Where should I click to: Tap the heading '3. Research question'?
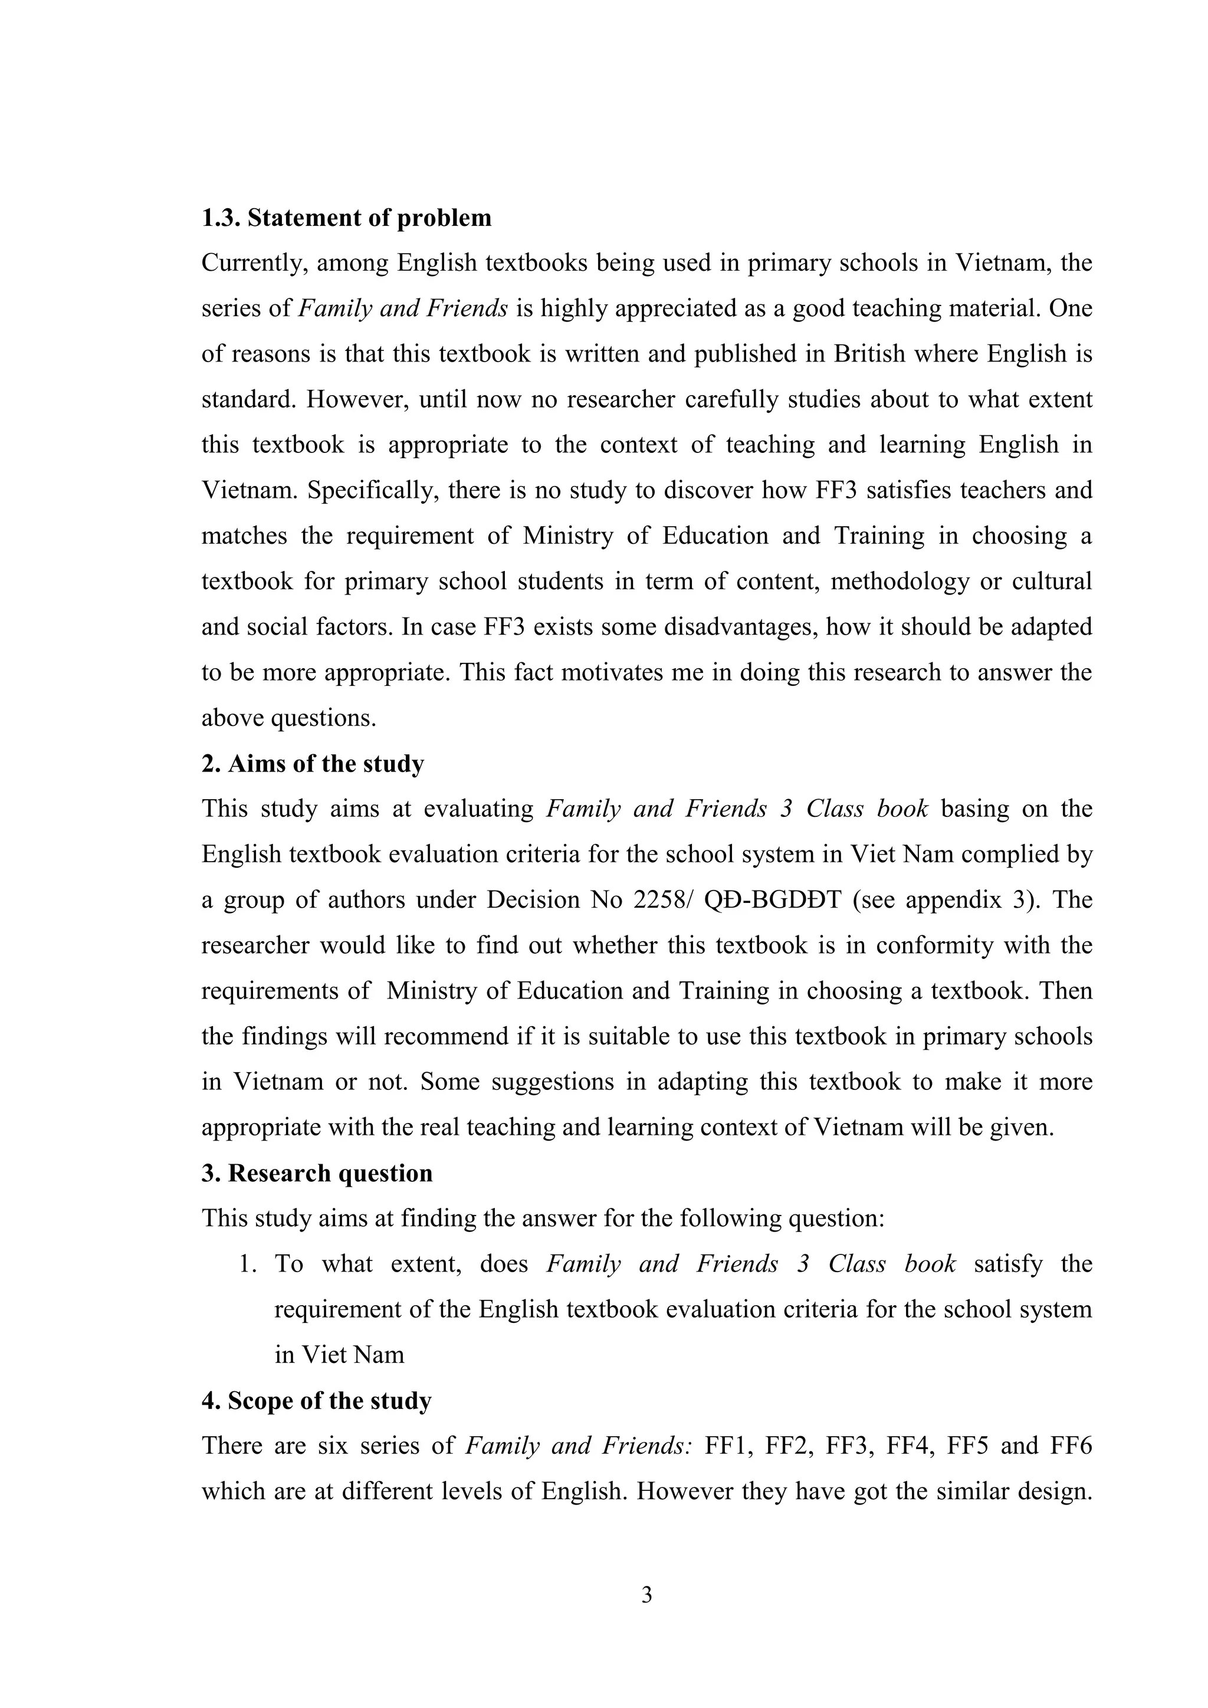(x=317, y=1173)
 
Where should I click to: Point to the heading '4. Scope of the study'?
(x=316, y=1401)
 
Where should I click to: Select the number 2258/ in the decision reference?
(x=658, y=900)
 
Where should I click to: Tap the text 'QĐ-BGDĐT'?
(x=772, y=900)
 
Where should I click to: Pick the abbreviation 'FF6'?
(x=1071, y=1446)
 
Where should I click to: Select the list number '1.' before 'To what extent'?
(x=248, y=1264)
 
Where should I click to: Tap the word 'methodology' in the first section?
(x=900, y=581)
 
